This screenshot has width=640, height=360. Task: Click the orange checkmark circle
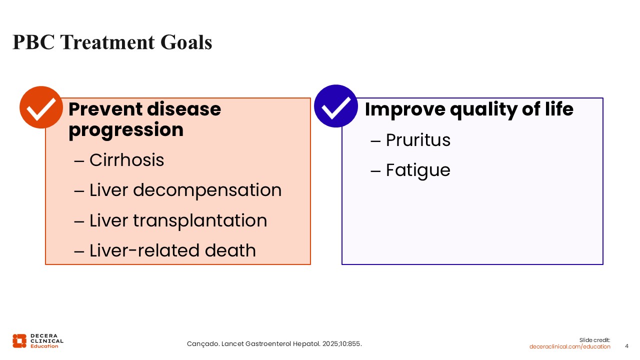[41, 107]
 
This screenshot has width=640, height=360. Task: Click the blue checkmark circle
[335, 106]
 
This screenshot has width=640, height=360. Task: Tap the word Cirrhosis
[126, 159]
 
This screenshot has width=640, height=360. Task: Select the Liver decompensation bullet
[177, 190]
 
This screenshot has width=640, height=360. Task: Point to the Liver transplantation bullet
[170, 220]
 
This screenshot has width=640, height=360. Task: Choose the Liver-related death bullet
[165, 250]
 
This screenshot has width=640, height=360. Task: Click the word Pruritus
[418, 140]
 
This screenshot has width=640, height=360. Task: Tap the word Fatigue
[418, 170]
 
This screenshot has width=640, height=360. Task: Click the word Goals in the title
[186, 42]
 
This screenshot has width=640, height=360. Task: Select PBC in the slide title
[33, 42]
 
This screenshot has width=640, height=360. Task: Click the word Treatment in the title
[107, 42]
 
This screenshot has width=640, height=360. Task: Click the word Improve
[405, 109]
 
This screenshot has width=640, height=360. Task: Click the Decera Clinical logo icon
[19, 341]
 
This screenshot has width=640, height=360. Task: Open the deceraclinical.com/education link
[569, 346]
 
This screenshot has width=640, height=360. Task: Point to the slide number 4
[627, 346]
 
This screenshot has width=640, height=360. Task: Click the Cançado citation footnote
[274, 344]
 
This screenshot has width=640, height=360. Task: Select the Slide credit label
[595, 340]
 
